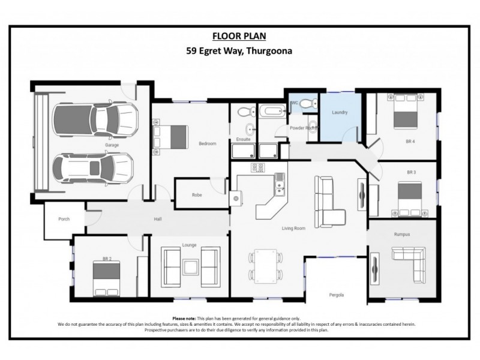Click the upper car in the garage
[95, 119]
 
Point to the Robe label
[196, 195]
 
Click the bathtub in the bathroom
[274, 112]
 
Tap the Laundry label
[340, 112]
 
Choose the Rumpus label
[402, 234]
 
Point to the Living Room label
[294, 228]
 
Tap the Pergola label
[337, 295]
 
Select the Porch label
[64, 219]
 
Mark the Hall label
[158, 219]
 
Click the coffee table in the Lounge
[192, 266]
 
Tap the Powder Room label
[303, 128]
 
